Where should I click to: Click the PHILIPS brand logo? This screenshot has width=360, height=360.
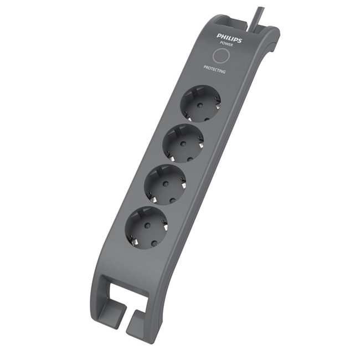click(x=229, y=38)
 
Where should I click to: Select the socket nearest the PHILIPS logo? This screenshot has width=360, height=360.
click(x=200, y=104)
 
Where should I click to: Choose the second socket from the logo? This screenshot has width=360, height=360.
click(x=183, y=143)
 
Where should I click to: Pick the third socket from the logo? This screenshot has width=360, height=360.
click(x=165, y=184)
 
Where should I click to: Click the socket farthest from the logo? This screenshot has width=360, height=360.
click(x=146, y=227)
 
